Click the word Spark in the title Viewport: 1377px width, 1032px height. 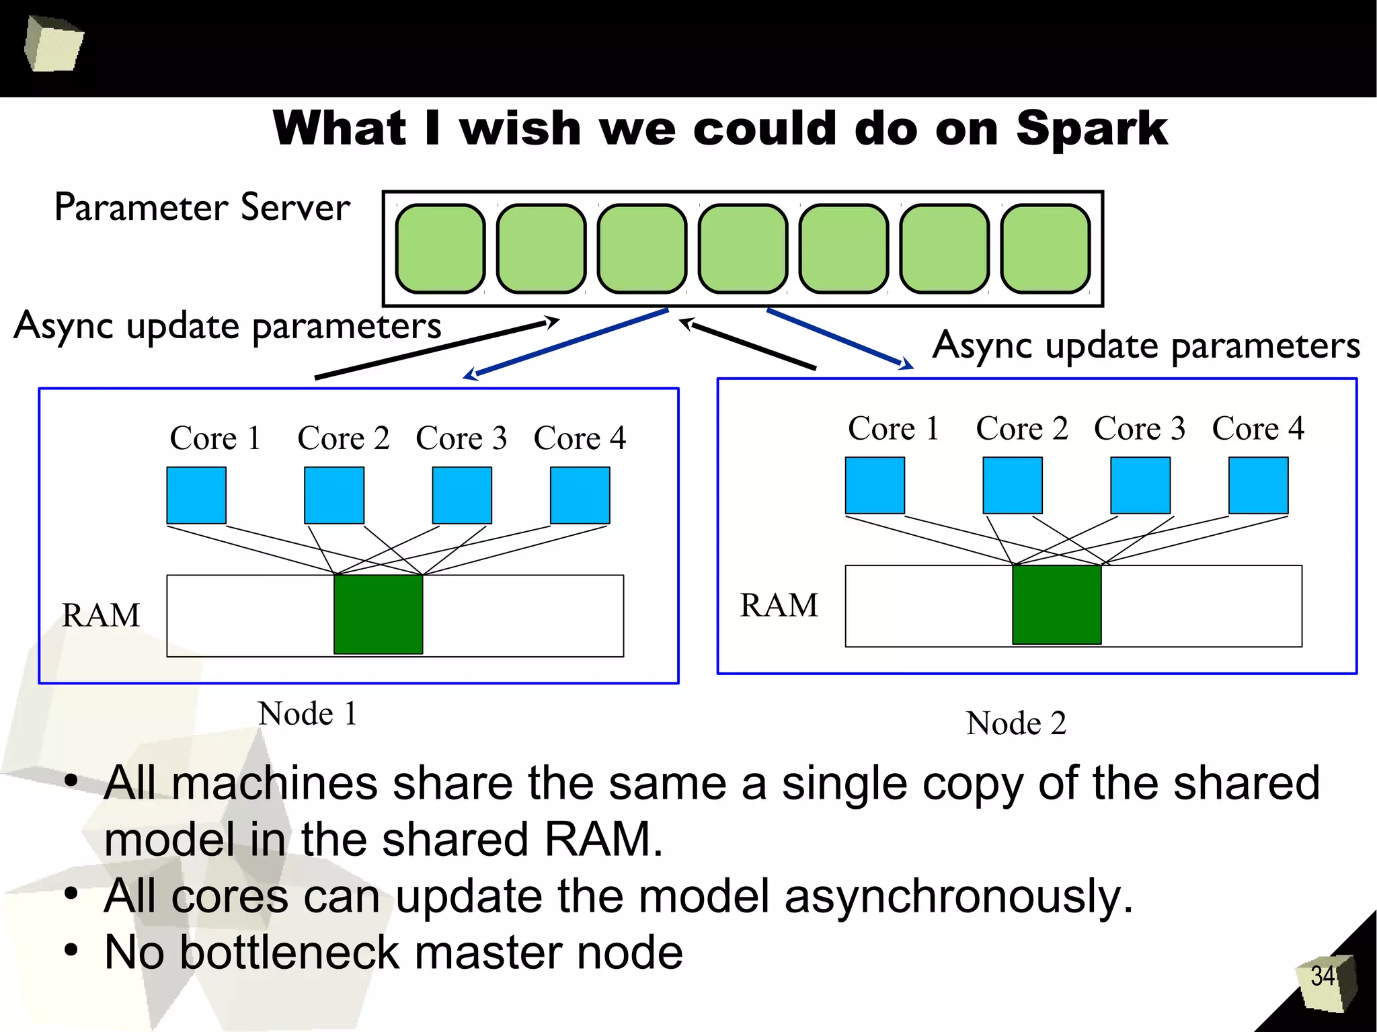[1091, 129]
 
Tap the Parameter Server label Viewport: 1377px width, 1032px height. [202, 207]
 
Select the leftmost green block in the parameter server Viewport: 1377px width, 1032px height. [440, 249]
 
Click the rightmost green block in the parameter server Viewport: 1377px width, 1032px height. [1046, 249]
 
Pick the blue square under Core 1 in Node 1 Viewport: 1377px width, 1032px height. [196, 495]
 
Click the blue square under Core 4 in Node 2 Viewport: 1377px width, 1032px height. [1259, 485]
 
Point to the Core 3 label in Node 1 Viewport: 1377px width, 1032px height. [461, 438]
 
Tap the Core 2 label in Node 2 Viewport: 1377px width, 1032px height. [1022, 428]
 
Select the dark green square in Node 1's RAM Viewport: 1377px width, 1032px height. [379, 614]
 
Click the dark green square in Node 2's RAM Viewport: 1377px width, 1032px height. [1057, 604]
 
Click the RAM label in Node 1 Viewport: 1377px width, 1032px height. [101, 615]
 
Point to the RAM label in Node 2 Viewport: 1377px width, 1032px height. [779, 605]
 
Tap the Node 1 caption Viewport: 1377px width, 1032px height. [307, 713]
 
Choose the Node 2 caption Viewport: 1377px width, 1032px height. [1016, 723]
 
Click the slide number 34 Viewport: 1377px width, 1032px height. [1323, 976]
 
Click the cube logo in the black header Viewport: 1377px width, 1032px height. [54, 44]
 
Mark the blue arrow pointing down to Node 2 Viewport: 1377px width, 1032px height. [840, 339]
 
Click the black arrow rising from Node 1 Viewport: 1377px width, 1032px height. [437, 348]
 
